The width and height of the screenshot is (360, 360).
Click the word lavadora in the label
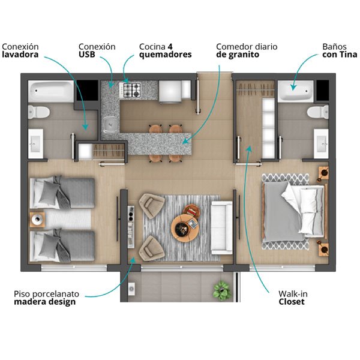coord(20,55)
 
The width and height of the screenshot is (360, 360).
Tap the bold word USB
coord(87,55)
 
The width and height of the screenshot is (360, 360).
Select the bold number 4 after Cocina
coord(170,47)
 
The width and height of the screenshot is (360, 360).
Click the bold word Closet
coord(292,302)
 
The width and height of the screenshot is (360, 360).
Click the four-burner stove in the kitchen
coord(130,90)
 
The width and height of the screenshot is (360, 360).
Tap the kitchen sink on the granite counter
coord(110,125)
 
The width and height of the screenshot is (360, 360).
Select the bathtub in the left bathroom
coord(51,91)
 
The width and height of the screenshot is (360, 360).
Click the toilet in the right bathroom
coord(318,112)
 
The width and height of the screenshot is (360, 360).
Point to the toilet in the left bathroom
coord(39,112)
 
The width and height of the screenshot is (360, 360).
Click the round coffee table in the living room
coord(184,228)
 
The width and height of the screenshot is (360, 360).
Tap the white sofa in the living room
coord(221,228)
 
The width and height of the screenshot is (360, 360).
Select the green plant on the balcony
coord(222,290)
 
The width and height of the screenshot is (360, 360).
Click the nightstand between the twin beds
coord(37,220)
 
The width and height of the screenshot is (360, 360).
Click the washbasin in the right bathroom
coord(321,144)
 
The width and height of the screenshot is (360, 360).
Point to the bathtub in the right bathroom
coord(295,91)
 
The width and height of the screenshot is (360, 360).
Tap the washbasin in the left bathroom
coord(35,144)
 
